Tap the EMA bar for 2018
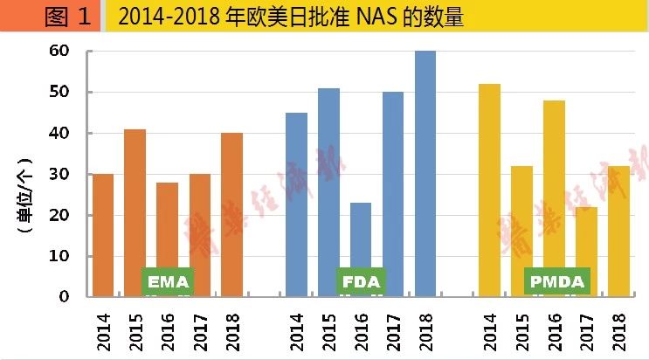click(x=232, y=214)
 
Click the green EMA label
click(x=168, y=282)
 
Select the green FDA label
click(x=361, y=282)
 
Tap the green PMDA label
click(x=557, y=282)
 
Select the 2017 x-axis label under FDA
click(x=394, y=328)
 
